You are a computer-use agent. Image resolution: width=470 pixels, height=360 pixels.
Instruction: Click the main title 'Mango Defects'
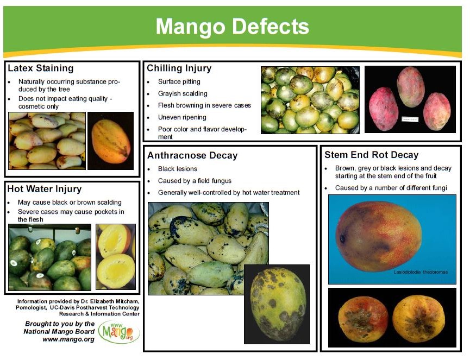232,26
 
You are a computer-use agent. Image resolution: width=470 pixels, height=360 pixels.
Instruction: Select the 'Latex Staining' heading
41,68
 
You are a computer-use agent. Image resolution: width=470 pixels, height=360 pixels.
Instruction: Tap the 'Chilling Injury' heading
179,68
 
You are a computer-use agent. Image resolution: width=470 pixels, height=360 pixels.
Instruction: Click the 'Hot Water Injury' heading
45,189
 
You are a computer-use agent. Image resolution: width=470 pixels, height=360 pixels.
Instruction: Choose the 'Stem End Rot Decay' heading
371,155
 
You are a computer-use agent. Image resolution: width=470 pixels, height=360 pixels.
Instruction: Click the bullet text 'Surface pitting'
179,81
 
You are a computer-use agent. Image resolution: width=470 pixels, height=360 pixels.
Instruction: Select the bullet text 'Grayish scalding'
183,93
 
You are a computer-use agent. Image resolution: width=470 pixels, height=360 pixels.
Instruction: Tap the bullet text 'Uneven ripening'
182,117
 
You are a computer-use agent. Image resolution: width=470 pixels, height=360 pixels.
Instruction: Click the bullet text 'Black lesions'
178,169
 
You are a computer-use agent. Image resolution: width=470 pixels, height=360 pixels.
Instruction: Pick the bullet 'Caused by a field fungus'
195,181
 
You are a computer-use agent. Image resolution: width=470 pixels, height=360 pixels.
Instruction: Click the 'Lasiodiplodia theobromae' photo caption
421,271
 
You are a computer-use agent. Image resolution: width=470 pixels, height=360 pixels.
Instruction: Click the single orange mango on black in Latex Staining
110,141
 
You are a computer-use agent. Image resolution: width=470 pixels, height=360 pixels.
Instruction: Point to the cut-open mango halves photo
116,256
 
